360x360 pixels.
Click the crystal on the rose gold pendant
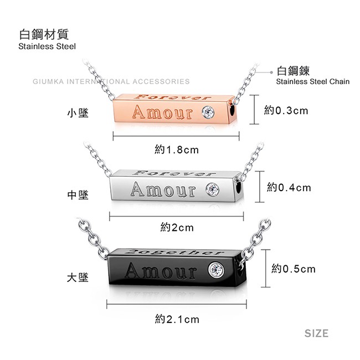pos(208,111)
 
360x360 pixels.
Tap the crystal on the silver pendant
pos(212,189)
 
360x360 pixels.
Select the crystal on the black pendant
pos(216,269)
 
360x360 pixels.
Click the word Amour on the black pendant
pos(161,271)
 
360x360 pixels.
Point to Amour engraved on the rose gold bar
pos(163,112)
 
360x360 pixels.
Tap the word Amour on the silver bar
pos(163,189)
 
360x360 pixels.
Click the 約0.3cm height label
pos(286,111)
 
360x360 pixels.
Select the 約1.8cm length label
pos(177,150)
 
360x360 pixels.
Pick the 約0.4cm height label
pos(289,188)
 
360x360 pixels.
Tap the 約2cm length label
pos(177,228)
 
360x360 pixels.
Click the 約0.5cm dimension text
pos(294,269)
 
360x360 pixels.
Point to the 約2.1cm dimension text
pos(177,319)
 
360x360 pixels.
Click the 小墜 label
pos(78,113)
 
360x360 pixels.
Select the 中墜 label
pos(78,195)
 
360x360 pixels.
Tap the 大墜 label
pos(78,277)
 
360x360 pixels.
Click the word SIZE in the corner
pos(316,333)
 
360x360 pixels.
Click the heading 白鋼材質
pos(44,34)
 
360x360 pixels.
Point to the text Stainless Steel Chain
pos(313,81)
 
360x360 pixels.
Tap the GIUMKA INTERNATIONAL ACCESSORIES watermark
pos(111,81)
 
